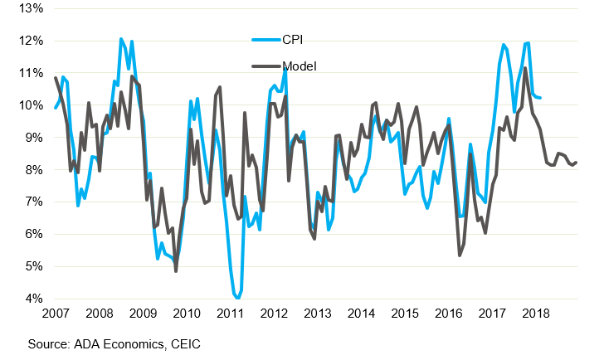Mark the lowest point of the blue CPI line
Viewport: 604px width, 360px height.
pyautogui.click(x=237, y=298)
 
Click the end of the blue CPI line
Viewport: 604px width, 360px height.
pyautogui.click(x=541, y=98)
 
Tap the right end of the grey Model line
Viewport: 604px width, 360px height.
pyautogui.click(x=577, y=163)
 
